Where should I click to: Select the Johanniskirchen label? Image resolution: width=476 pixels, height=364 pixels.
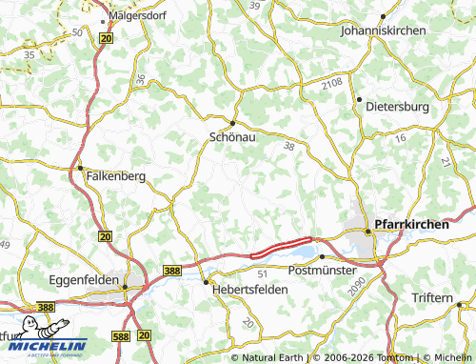(382, 30)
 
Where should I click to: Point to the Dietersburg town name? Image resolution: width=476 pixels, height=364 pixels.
(398, 107)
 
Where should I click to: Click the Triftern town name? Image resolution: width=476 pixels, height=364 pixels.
(432, 298)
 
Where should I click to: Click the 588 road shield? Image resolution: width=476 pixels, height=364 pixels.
(121, 335)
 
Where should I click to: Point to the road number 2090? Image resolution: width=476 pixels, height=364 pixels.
(356, 287)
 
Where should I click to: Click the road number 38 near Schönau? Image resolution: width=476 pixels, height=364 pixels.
(289, 146)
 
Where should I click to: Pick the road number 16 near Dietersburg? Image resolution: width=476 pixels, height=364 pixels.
(400, 138)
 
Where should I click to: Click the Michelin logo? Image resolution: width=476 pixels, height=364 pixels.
(45, 347)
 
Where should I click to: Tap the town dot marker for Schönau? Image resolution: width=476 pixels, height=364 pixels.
(232, 122)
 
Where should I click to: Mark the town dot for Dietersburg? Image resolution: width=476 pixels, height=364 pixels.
(359, 99)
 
